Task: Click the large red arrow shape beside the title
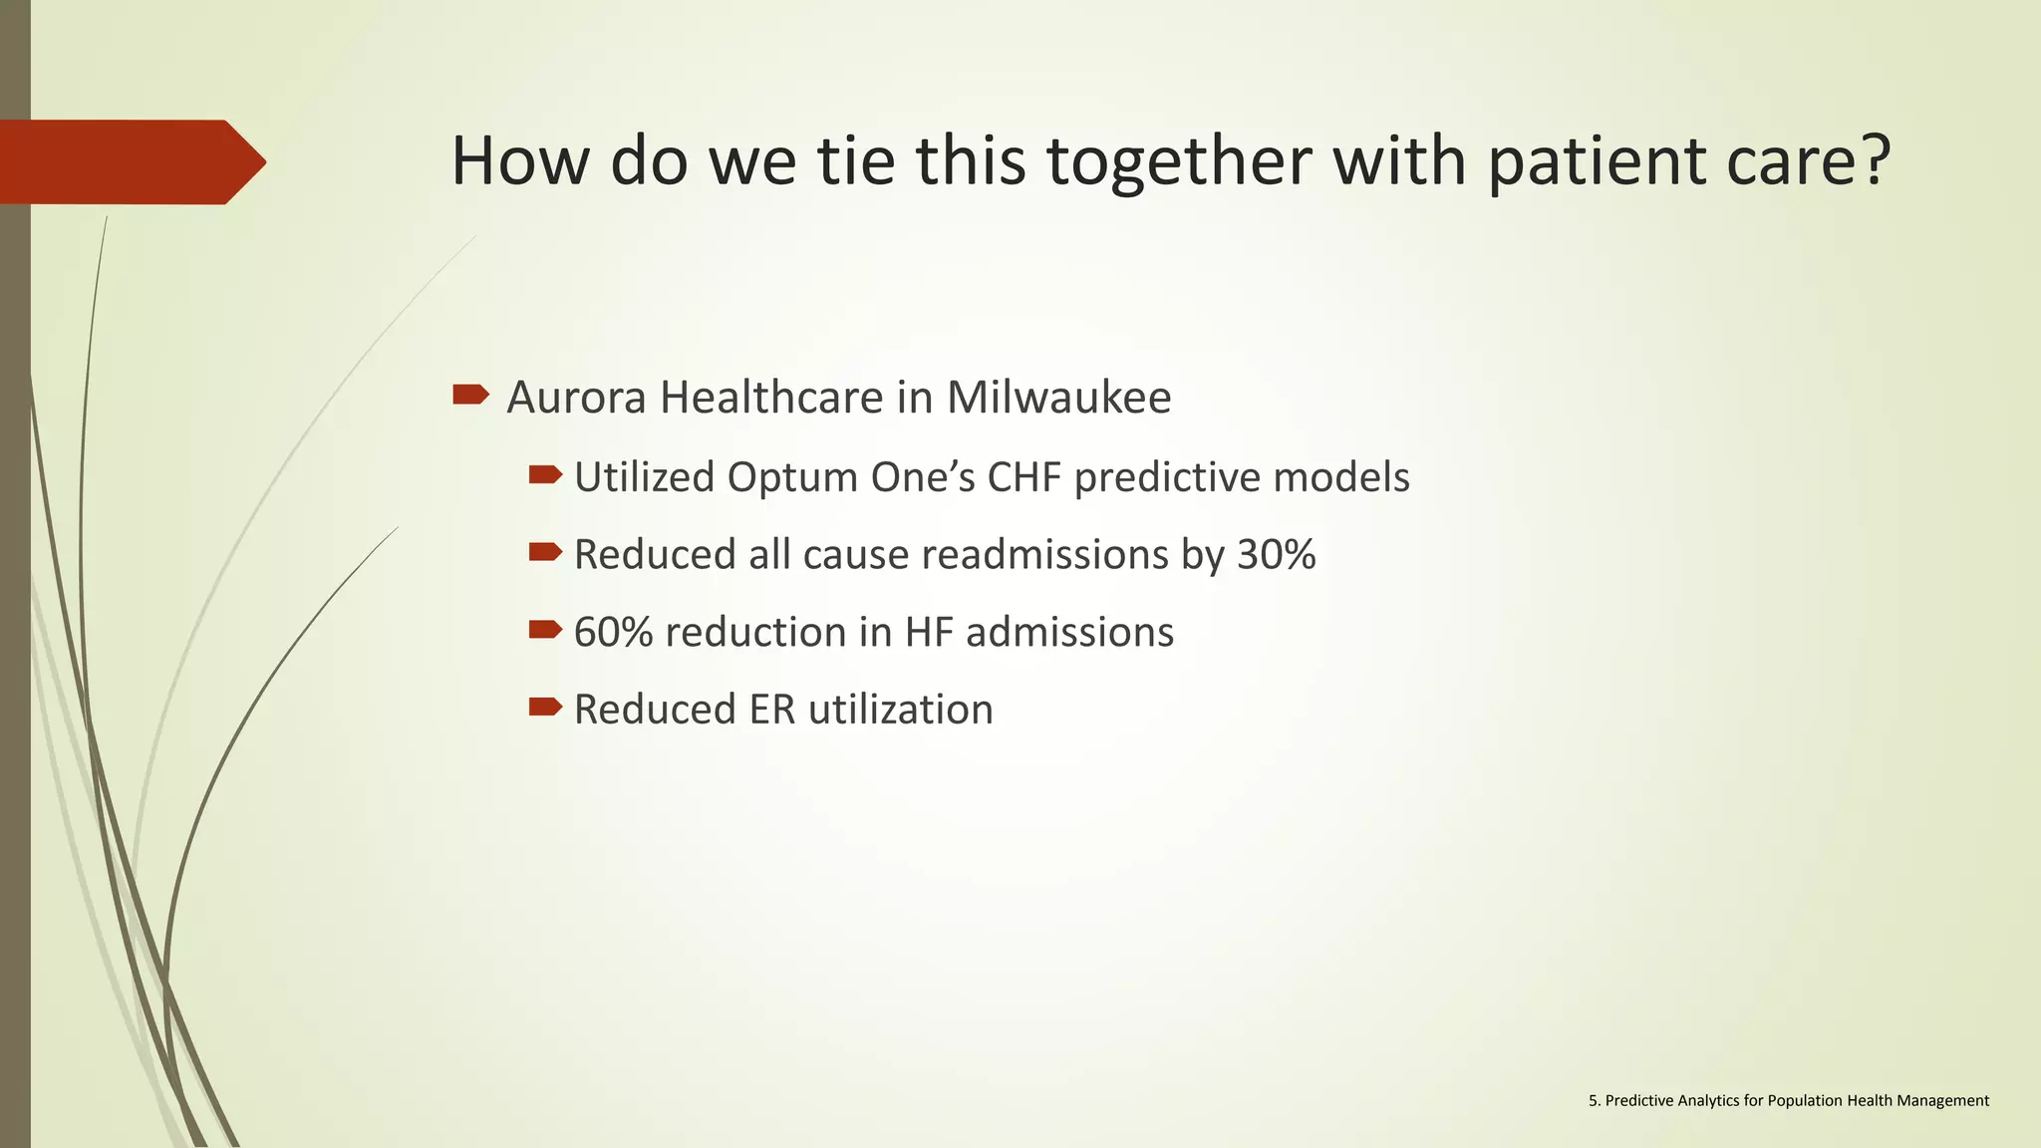[133, 161]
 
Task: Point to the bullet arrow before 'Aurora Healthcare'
[470, 395]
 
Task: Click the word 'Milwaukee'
[1058, 397]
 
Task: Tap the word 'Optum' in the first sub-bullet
[791, 477]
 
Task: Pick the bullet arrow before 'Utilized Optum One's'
[545, 474]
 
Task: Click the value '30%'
[1276, 554]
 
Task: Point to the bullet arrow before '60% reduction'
[545, 629]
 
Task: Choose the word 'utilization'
[901, 710]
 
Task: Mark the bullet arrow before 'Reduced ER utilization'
[545, 707]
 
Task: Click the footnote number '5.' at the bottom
[1595, 1100]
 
